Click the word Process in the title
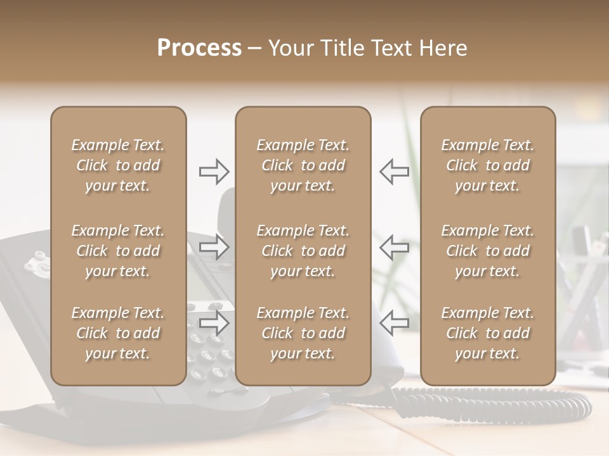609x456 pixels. [199, 47]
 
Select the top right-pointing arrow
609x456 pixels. [214, 171]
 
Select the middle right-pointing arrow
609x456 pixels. [214, 246]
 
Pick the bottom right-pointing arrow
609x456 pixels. [214, 323]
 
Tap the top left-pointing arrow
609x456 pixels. [395, 171]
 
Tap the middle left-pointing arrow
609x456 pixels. [395, 246]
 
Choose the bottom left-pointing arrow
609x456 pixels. [395, 323]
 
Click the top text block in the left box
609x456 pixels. [118, 165]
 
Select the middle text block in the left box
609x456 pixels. [118, 251]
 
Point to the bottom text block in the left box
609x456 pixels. [118, 333]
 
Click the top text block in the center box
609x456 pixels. [303, 165]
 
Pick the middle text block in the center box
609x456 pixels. [303, 251]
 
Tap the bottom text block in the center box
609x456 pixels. [303, 333]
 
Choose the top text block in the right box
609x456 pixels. [487, 165]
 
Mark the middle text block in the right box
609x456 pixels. [487, 251]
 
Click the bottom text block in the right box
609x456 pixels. [487, 333]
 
